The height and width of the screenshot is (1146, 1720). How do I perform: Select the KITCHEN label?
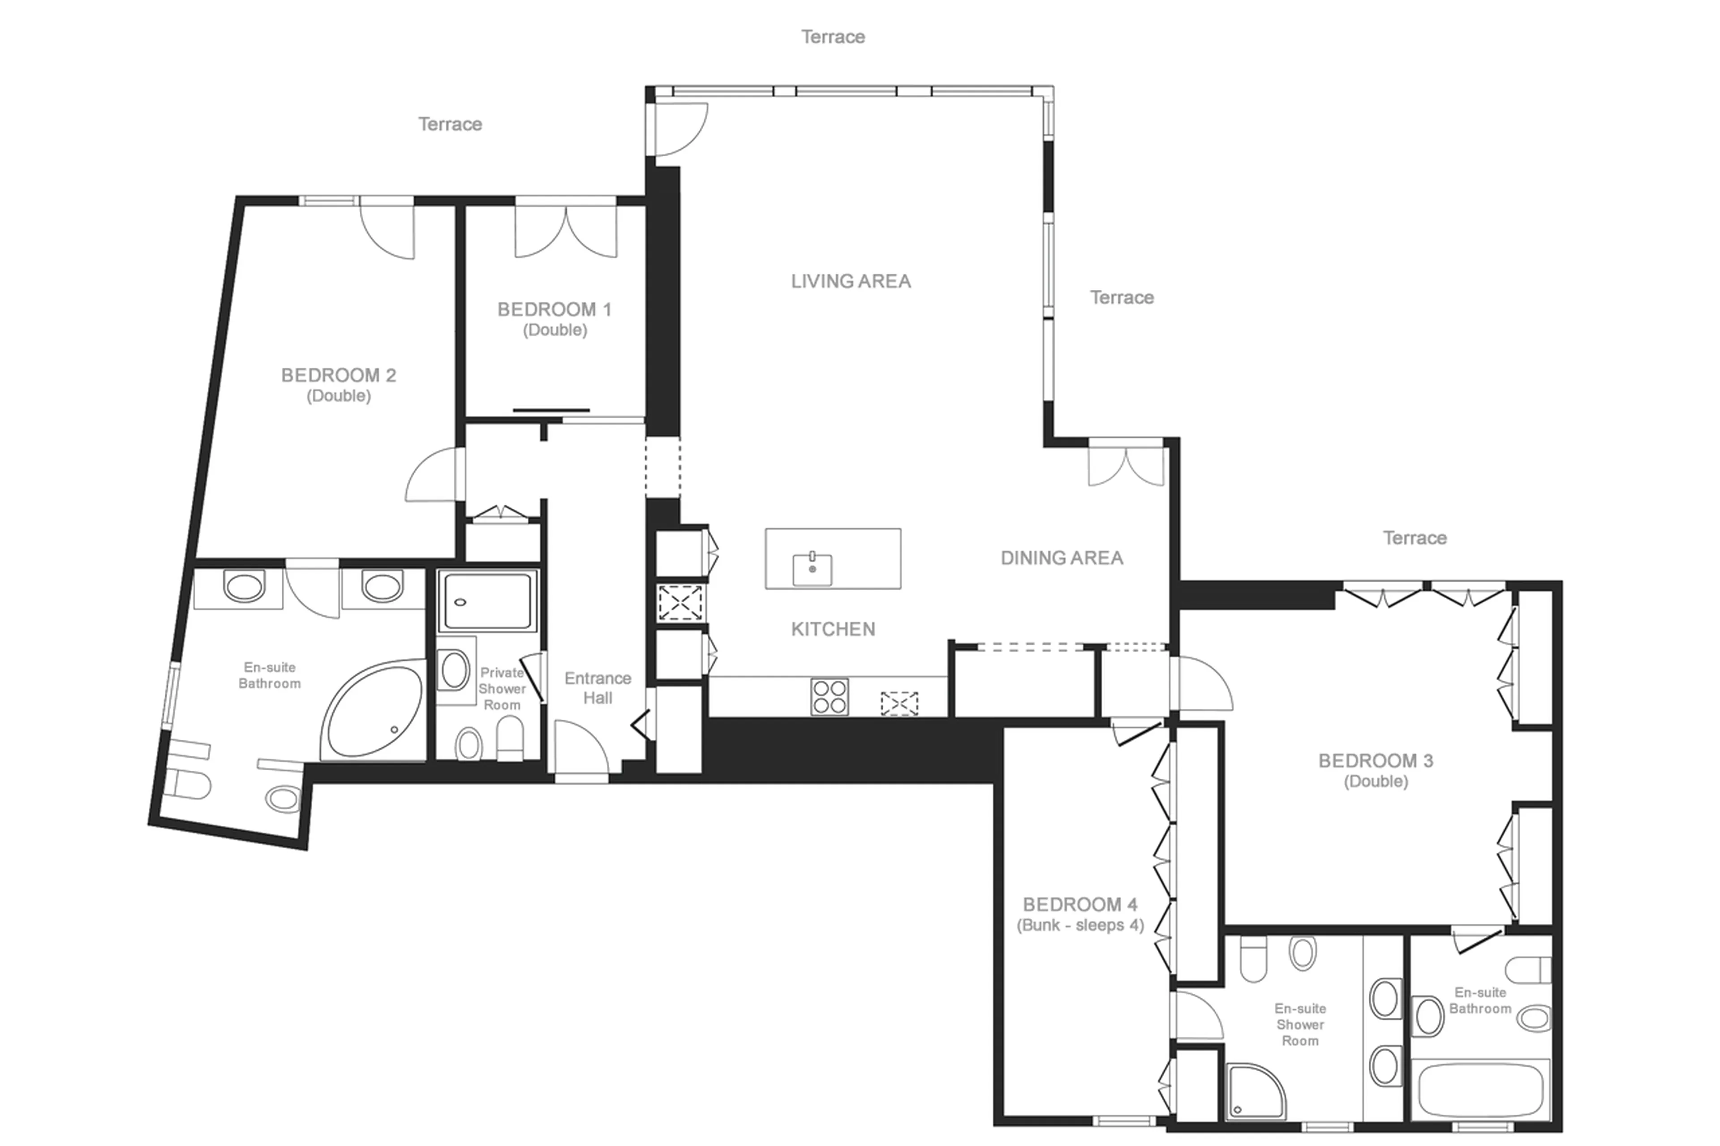tap(833, 629)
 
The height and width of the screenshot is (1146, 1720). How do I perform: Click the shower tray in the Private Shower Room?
tap(488, 601)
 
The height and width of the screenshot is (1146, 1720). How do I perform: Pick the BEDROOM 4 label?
tap(1079, 905)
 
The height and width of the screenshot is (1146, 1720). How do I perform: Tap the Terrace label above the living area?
tap(833, 37)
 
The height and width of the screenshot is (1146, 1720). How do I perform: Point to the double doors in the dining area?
tap(1125, 465)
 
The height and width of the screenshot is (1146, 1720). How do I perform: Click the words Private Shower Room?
tap(502, 688)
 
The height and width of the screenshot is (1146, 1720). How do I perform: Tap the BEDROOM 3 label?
tap(1375, 761)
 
